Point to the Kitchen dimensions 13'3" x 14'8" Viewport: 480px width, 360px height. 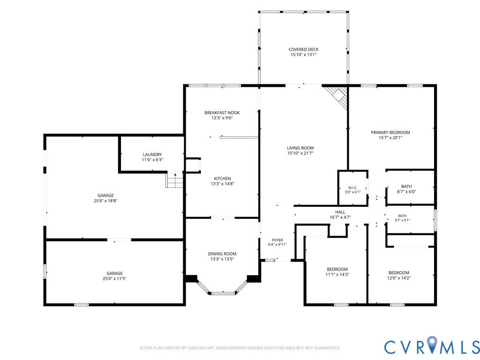click(x=222, y=184)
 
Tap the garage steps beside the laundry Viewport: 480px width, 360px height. click(x=175, y=180)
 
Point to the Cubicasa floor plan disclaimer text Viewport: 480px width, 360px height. click(x=240, y=348)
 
